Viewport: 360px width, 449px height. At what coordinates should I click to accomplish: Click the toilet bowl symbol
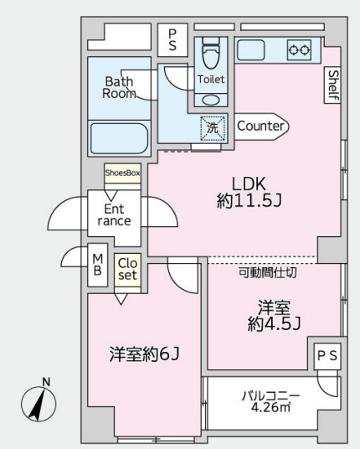(211, 53)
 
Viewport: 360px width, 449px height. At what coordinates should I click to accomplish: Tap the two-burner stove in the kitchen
(299, 50)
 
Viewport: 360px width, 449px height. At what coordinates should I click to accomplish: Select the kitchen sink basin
(250, 50)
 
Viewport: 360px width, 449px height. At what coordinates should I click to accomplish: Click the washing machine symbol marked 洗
(213, 128)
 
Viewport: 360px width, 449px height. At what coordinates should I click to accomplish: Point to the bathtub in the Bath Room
(119, 139)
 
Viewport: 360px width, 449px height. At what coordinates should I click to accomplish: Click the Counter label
(260, 126)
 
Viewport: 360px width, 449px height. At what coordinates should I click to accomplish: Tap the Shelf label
(332, 85)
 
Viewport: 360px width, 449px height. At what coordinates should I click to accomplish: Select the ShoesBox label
(122, 173)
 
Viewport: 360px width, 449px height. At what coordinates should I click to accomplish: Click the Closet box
(127, 270)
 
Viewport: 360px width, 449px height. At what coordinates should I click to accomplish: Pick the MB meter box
(98, 265)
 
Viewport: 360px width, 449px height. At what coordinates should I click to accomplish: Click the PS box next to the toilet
(172, 40)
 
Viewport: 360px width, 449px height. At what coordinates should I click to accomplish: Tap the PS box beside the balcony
(327, 356)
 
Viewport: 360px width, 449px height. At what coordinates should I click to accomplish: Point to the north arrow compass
(39, 403)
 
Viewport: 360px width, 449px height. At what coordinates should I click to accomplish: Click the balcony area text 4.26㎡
(270, 407)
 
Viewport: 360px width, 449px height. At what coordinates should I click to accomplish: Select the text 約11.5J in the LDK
(249, 201)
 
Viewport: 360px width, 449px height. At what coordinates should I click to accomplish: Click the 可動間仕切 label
(268, 272)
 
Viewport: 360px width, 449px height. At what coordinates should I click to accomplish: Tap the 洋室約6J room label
(144, 354)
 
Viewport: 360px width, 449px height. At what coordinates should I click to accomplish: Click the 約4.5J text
(274, 324)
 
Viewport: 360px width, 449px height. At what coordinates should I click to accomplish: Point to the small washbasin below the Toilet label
(211, 100)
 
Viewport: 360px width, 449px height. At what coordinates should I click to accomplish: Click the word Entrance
(114, 214)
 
